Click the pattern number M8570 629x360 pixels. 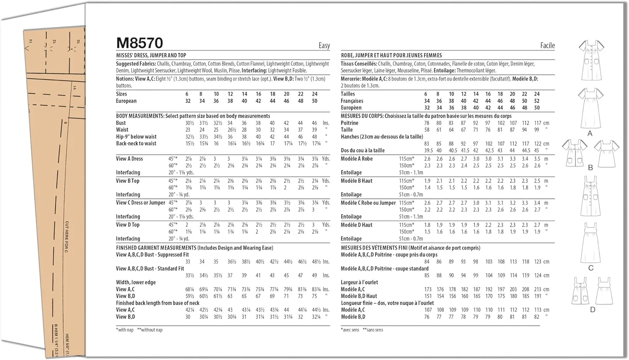click(139, 43)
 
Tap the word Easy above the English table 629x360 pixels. click(324, 45)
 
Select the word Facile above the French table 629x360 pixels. click(547, 45)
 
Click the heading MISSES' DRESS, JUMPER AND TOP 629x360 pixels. click(151, 55)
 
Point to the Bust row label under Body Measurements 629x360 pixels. click(121, 123)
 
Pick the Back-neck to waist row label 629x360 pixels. click(136, 143)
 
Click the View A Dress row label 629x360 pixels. click(129, 159)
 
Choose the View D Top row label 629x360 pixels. click(127, 225)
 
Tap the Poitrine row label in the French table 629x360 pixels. click(349, 123)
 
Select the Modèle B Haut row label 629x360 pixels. click(356, 181)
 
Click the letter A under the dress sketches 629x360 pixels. click(590, 133)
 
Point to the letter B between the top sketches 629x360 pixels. click(590, 167)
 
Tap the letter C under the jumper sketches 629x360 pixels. click(590, 268)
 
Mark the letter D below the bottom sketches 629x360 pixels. click(592, 310)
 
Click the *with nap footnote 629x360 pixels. click(125, 330)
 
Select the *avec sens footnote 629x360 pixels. click(350, 330)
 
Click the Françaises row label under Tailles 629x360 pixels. click(352, 101)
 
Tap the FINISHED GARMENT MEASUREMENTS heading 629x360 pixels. click(156, 248)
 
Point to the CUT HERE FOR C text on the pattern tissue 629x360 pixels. click(67, 237)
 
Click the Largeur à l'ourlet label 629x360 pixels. click(359, 282)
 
